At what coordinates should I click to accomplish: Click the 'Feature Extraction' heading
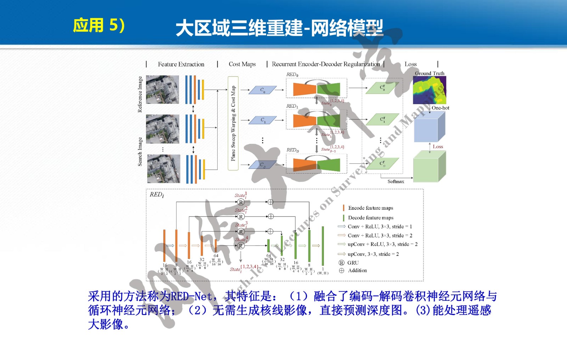(181, 64)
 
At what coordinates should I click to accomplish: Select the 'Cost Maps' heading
(242, 64)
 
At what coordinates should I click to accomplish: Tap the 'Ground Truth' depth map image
(430, 90)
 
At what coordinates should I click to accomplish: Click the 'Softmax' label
(395, 181)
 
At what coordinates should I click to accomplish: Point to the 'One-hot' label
(440, 108)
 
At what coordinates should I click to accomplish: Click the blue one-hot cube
(429, 127)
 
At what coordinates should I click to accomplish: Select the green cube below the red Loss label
(429, 167)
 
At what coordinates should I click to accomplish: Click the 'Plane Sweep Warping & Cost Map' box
(233, 123)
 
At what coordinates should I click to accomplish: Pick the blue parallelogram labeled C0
(263, 90)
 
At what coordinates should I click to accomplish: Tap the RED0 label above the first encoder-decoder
(292, 74)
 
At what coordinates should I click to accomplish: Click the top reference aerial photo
(162, 89)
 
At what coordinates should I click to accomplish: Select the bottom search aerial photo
(163, 169)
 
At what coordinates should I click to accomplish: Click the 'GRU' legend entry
(353, 263)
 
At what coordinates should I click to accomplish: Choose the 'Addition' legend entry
(357, 270)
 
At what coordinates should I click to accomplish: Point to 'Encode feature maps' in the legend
(370, 208)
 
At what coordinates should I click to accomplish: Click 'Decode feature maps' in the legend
(370, 218)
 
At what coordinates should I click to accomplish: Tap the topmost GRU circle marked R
(241, 202)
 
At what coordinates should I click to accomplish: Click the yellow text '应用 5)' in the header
(99, 26)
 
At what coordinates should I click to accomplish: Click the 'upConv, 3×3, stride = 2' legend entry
(373, 254)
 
